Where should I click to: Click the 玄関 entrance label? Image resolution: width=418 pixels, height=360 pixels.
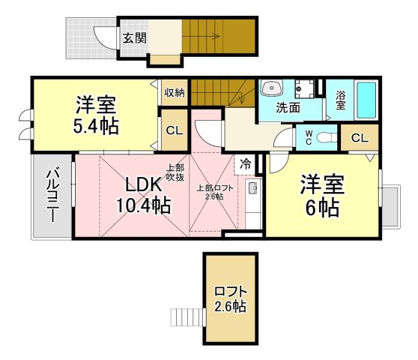[135, 38]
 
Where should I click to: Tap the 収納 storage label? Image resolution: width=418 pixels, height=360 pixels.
[175, 92]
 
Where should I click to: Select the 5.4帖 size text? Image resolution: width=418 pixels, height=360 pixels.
[96, 126]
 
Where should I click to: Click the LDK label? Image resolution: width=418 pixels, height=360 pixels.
[143, 184]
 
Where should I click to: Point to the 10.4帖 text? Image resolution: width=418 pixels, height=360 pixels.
[143, 205]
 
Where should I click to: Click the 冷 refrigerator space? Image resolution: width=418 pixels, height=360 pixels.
[245, 164]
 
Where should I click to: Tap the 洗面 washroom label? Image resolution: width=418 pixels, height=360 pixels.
[288, 107]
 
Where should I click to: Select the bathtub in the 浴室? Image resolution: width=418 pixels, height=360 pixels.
[366, 100]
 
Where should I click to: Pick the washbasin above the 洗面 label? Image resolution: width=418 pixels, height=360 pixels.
[272, 88]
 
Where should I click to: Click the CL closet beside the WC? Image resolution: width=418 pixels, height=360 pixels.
[360, 138]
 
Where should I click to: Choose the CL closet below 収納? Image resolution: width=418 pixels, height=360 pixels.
[175, 130]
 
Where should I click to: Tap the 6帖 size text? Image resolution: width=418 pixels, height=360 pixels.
[322, 207]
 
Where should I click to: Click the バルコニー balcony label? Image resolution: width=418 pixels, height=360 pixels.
[52, 194]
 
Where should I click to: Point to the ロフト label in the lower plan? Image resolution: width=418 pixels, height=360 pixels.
[230, 292]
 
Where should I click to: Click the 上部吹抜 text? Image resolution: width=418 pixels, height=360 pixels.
[175, 172]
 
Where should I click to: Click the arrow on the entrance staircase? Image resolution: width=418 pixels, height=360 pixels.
[202, 36]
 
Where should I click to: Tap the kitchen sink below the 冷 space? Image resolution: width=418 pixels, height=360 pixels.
[253, 187]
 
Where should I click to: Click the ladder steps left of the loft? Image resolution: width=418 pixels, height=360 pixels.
[188, 317]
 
